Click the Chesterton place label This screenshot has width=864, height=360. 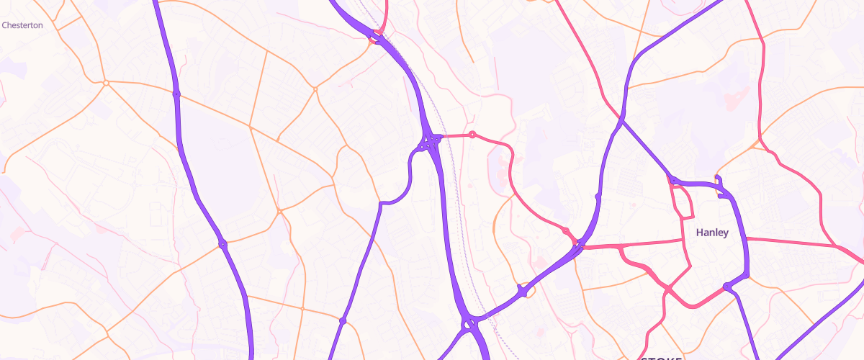[x=22, y=25]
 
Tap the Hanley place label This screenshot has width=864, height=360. [x=712, y=233]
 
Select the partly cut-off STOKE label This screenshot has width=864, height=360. [x=661, y=357]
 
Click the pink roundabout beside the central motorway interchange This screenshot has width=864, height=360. [x=472, y=135]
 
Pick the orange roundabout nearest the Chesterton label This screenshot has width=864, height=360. [x=106, y=83]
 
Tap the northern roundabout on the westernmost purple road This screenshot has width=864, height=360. [x=176, y=94]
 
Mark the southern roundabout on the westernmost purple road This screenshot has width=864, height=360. [x=222, y=245]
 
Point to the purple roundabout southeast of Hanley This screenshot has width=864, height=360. [x=727, y=287]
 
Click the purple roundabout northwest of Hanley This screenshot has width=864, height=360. [x=672, y=180]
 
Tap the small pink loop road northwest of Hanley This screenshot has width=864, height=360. [x=683, y=202]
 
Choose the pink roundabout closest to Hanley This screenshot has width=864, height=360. [x=567, y=230]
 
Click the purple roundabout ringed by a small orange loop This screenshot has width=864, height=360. [x=524, y=291]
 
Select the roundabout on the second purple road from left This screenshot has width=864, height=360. [x=343, y=320]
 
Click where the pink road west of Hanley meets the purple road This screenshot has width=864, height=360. [x=578, y=248]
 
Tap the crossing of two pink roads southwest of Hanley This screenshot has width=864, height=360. [x=667, y=288]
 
